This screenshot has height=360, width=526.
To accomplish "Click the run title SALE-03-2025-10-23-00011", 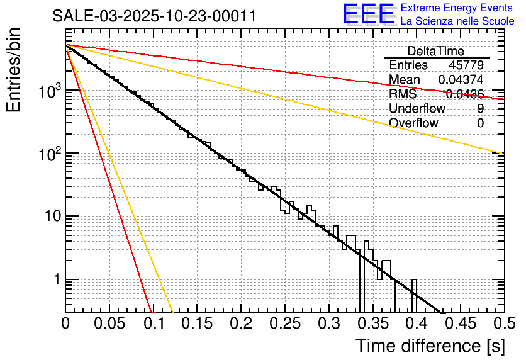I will pyautogui.click(x=154, y=16).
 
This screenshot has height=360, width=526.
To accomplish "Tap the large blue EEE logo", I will pyautogui.click(x=368, y=14).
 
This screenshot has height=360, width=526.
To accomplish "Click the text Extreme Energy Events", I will pyautogui.click(x=457, y=8).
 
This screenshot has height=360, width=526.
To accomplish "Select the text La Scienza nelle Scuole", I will pyautogui.click(x=457, y=21).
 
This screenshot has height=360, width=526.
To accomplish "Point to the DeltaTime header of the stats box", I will pyautogui.click(x=436, y=51).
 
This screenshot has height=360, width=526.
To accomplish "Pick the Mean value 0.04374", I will pyautogui.click(x=461, y=80).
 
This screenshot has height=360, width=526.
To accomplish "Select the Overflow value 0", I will pyautogui.click(x=481, y=123).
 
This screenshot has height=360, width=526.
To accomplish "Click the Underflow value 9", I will pyautogui.click(x=481, y=109).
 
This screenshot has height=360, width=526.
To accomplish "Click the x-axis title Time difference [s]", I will pyautogui.click(x=429, y=346).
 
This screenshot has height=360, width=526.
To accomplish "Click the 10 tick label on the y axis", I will pyautogui.click(x=49, y=217).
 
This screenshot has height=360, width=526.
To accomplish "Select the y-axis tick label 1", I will pyautogui.click(x=55, y=280).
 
